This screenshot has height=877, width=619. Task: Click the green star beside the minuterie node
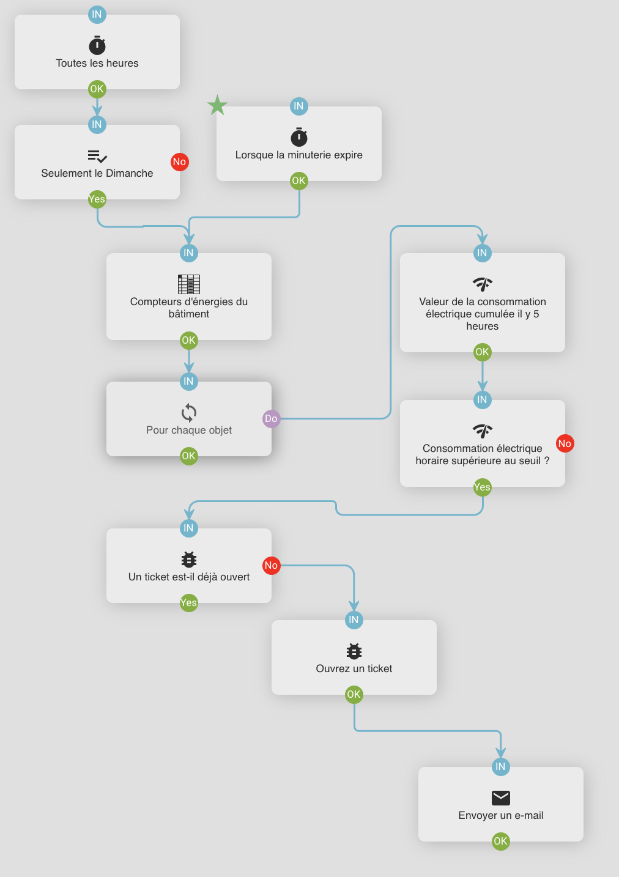tap(217, 105)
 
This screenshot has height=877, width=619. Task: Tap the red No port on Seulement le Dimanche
tap(179, 162)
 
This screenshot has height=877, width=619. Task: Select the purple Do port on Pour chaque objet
tap(271, 419)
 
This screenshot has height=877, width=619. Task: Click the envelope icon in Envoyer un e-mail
tap(500, 797)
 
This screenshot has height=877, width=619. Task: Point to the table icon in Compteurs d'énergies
tap(189, 284)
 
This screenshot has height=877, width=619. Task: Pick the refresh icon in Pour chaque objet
tap(189, 413)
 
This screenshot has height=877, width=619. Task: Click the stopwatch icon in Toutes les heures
tap(97, 45)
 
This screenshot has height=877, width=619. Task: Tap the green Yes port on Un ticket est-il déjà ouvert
tap(188, 603)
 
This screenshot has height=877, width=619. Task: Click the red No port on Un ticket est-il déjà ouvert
tap(271, 566)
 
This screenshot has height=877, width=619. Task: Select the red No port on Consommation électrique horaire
tap(565, 443)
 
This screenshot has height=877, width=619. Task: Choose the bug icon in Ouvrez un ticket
tap(354, 651)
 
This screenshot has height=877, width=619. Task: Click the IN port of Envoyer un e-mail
tap(500, 766)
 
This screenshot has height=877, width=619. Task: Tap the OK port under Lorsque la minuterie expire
tap(298, 181)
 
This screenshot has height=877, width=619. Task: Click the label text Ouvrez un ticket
tap(354, 668)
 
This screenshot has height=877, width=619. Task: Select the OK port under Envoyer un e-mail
tap(500, 841)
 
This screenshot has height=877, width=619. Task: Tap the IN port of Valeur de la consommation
tap(482, 253)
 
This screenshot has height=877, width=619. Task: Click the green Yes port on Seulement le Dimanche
tap(97, 199)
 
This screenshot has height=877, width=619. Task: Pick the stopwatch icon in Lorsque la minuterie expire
tap(299, 137)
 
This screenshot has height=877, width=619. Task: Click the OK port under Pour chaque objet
tap(188, 456)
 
